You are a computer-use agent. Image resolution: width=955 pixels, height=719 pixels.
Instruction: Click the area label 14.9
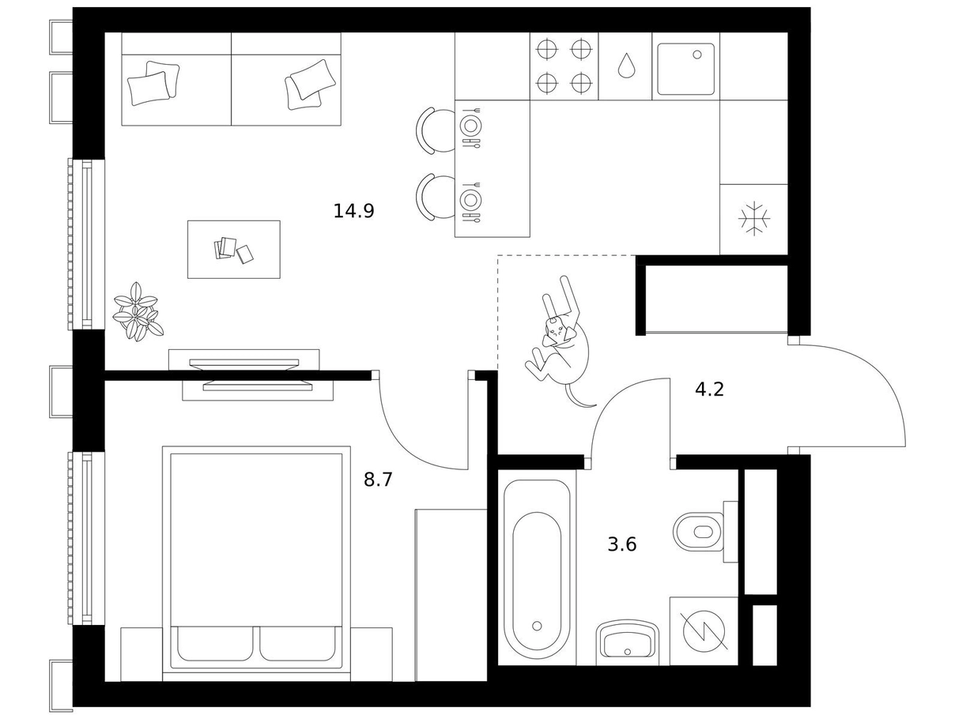tap(353, 211)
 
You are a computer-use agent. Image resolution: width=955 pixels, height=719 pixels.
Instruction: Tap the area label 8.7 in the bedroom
tap(378, 480)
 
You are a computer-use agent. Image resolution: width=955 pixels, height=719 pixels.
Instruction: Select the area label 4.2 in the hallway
tap(710, 389)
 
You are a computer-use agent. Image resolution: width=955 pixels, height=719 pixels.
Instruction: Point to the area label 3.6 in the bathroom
tap(622, 544)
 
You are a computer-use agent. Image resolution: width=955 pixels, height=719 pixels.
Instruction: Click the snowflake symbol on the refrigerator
tap(754, 218)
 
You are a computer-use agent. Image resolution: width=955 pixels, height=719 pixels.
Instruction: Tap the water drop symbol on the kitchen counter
tap(626, 66)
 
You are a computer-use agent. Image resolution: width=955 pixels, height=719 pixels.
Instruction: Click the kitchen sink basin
tap(685, 69)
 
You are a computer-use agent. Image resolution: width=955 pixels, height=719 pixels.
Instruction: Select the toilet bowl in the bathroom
tap(698, 532)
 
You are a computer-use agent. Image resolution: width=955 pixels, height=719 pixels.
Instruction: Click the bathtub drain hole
tap(537, 626)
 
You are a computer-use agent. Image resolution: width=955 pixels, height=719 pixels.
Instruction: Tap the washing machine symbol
tap(704, 631)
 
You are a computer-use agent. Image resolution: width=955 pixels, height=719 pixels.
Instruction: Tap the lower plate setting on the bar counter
tap(470, 200)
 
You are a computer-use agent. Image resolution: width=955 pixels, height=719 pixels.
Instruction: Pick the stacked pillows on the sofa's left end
tap(153, 83)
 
